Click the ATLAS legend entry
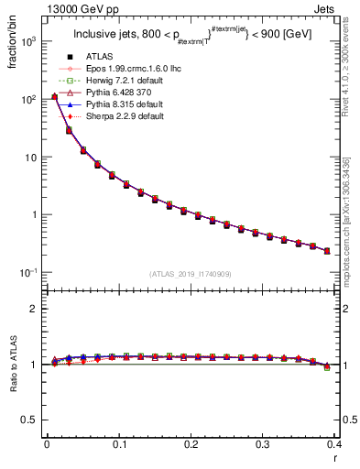[x=108, y=59]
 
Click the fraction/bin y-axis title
[x=16, y=47]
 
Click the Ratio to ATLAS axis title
[x=16, y=364]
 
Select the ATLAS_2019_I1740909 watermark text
[x=191, y=274]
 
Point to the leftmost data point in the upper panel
[x=54, y=96]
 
